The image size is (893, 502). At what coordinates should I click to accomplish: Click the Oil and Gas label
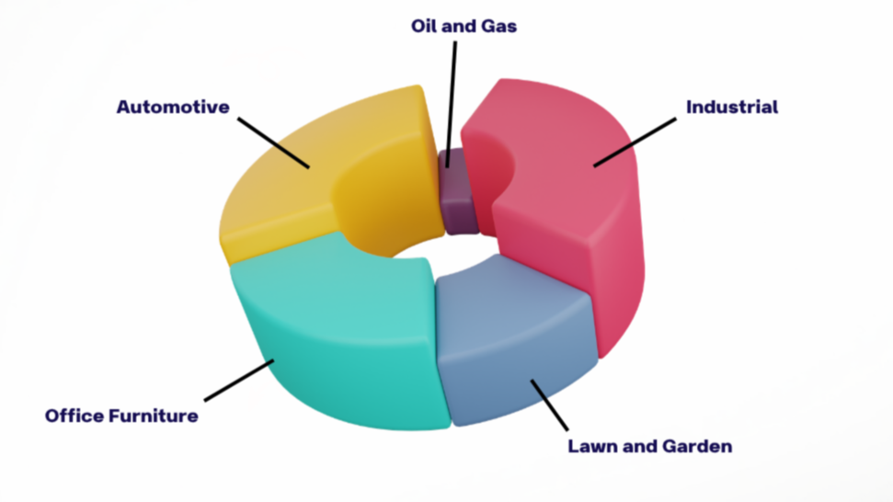click(x=464, y=26)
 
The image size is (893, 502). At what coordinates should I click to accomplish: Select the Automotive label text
click(x=173, y=107)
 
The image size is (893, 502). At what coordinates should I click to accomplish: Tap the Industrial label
click(x=732, y=107)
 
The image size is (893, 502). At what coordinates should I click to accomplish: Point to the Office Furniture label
click(x=121, y=416)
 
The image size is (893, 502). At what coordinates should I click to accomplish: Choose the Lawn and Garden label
click(x=649, y=447)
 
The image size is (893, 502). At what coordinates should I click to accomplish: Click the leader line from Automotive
click(x=273, y=142)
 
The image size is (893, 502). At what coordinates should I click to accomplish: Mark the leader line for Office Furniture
click(x=239, y=381)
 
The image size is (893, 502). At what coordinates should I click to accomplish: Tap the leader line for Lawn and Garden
click(x=550, y=404)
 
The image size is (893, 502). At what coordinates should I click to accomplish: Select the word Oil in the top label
click(x=422, y=26)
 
